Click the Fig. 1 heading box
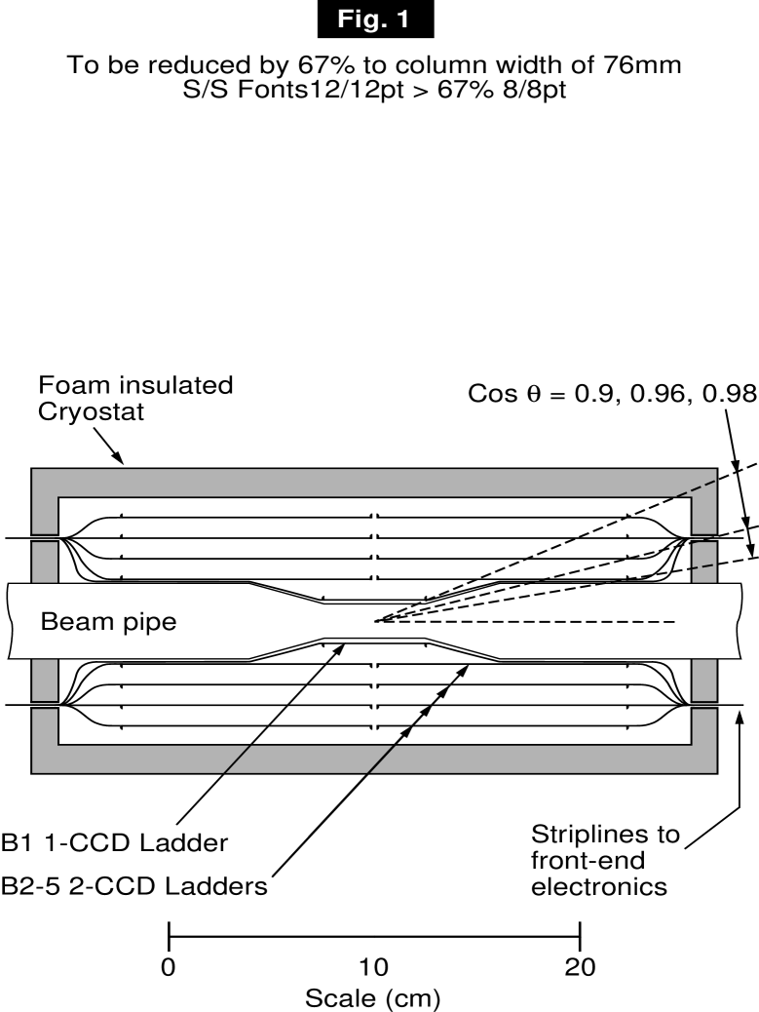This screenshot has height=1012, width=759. (379, 20)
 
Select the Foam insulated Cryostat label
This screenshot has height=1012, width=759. (136, 399)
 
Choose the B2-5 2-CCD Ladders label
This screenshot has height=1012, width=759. (134, 887)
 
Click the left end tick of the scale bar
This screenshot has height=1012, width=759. (170, 938)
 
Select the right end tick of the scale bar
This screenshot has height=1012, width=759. (580, 938)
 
